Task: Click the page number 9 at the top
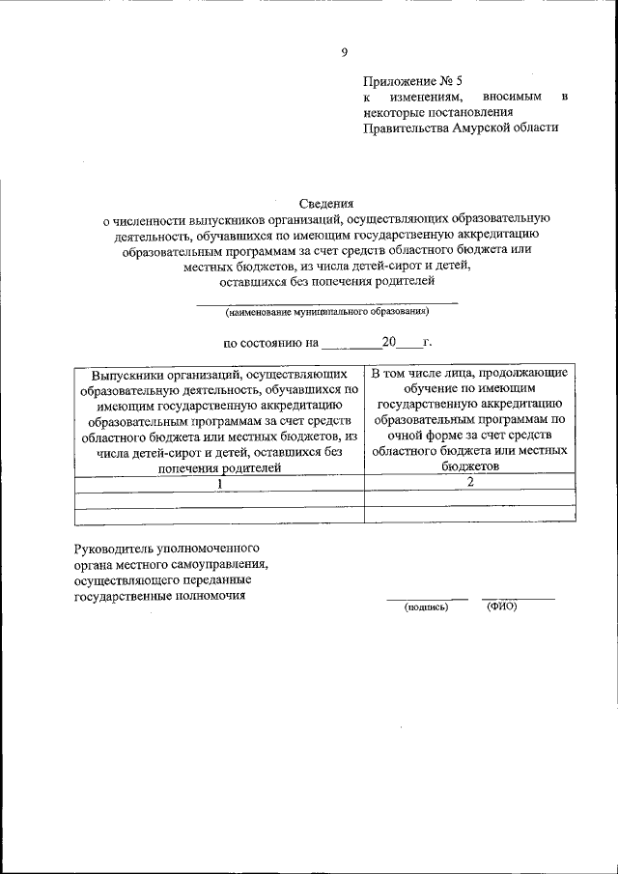coord(345,52)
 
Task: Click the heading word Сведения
coord(327,204)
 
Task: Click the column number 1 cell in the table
coord(220,483)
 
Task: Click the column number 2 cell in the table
coord(470,482)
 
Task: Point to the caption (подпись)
coord(426,607)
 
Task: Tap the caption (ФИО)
coord(502,606)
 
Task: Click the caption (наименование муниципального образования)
coord(327,312)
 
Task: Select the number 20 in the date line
coord(390,342)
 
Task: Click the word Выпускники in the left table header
coord(126,375)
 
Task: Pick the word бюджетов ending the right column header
coord(471,465)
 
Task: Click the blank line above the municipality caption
coord(327,303)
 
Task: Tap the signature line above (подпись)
coord(427,599)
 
